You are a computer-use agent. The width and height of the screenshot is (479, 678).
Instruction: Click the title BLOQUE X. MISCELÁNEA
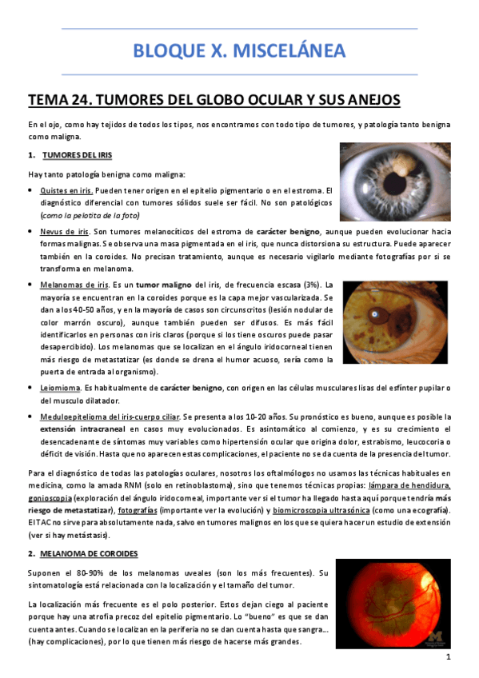pyautogui.click(x=239, y=51)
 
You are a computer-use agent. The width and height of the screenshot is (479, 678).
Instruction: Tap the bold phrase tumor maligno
pyautogui.click(x=141, y=285)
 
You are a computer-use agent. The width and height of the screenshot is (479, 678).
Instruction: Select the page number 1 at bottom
pyautogui.click(x=449, y=657)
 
